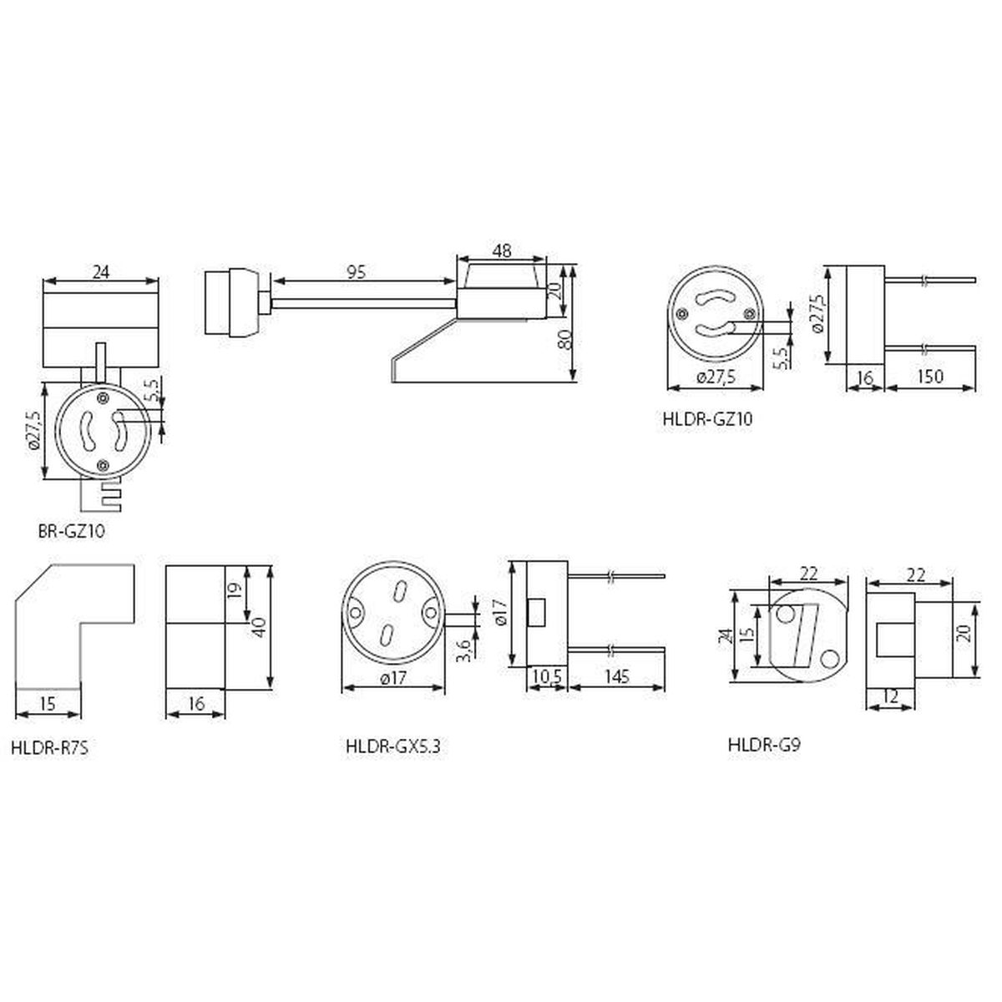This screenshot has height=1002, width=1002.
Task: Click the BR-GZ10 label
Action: point(71,531)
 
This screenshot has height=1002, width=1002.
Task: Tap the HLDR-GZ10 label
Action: point(708,419)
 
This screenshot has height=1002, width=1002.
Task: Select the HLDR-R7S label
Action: point(50,748)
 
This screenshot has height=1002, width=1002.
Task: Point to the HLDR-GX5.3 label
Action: point(393,746)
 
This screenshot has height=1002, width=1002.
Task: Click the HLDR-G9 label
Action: point(764,745)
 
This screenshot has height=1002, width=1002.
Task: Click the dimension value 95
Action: point(357,272)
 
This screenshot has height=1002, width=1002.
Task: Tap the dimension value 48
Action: point(502,251)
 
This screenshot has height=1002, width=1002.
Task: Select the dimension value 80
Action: point(566,340)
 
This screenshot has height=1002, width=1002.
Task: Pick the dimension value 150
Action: point(929,376)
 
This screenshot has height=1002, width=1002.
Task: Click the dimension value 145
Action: point(617,676)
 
